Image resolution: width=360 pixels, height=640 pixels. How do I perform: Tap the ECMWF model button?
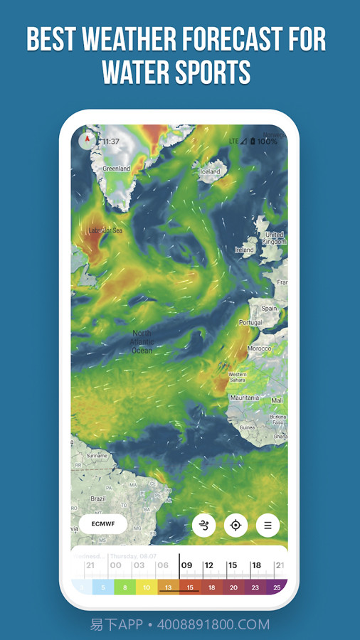(103, 525)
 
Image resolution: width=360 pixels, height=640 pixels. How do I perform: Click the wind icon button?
(204, 526)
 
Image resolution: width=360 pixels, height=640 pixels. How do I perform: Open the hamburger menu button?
(268, 526)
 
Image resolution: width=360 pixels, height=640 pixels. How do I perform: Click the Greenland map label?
(117, 169)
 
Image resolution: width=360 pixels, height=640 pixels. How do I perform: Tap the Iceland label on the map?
(210, 171)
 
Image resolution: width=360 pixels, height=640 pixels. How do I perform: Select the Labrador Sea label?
(105, 230)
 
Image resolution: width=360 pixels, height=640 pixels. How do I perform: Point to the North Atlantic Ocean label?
(142, 341)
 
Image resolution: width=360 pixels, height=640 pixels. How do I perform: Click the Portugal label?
(250, 322)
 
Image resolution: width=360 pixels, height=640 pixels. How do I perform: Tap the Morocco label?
(259, 348)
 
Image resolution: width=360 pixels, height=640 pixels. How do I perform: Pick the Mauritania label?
(244, 398)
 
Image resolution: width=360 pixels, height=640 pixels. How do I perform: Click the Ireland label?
(244, 250)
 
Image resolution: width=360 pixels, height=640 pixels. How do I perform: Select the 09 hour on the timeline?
(187, 565)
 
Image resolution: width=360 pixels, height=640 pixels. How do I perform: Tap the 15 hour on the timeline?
(232, 565)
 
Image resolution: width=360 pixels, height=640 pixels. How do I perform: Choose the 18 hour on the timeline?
(255, 565)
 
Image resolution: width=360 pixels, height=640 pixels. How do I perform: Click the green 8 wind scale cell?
(125, 588)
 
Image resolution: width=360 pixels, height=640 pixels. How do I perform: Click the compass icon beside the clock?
(88, 140)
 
